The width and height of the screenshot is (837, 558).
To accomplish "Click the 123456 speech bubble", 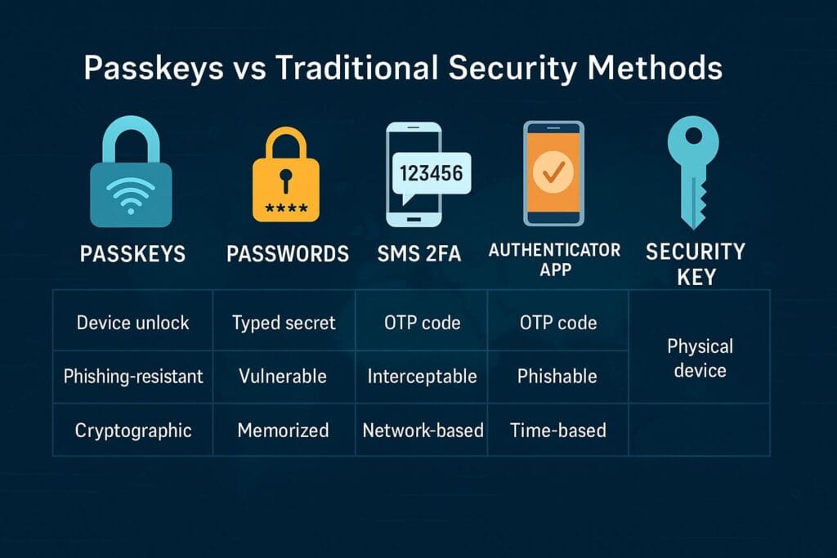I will coord(429,174).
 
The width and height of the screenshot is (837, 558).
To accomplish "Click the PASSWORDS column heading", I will coord(288,253).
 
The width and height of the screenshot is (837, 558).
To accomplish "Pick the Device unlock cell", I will coord(132,323).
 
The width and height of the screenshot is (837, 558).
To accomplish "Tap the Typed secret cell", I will coord(284,323).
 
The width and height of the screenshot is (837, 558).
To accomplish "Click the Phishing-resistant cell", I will coord(133,377).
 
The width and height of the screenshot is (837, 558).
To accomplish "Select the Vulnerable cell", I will coord(283,377).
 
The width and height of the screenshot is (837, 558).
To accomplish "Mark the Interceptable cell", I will coord(422,377).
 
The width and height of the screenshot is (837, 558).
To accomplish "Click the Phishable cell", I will coord(557,377).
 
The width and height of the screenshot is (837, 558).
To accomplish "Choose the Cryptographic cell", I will coord(132,430).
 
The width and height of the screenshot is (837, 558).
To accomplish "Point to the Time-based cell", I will coord(558,430).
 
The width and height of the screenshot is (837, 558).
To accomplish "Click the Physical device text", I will coord(700,358).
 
